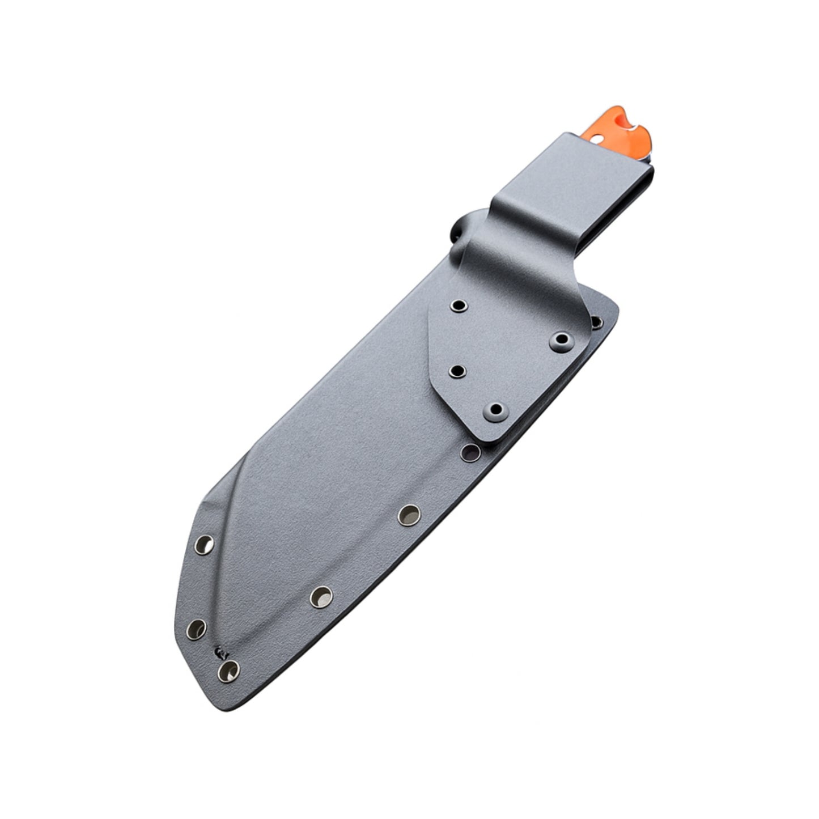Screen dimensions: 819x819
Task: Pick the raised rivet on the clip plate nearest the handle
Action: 561,340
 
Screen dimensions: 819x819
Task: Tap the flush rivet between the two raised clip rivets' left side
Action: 457,371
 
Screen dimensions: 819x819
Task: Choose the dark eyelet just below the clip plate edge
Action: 469,452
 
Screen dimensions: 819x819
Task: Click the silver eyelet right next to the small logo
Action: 229,670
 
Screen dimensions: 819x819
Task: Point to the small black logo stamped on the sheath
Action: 219,652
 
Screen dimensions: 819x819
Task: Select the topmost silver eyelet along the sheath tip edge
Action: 204,545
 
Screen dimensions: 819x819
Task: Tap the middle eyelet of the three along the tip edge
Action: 197,627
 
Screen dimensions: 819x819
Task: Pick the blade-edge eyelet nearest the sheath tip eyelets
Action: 321,596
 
